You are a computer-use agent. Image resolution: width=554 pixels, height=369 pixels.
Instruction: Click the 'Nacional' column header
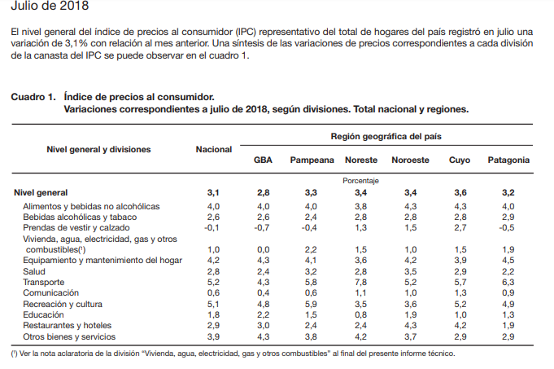[214, 149]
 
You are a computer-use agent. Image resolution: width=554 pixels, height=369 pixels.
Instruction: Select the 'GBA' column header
[263, 160]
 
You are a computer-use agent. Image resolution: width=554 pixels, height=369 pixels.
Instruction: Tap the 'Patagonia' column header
[508, 160]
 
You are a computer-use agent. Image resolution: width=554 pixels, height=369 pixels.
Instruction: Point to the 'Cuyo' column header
[460, 160]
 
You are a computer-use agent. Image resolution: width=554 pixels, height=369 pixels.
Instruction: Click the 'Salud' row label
[35, 271]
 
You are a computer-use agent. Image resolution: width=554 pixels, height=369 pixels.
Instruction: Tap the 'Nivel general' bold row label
[41, 192]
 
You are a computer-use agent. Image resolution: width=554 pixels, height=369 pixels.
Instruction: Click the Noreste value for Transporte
[360, 282]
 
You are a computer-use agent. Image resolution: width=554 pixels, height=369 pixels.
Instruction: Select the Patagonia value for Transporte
[508, 282]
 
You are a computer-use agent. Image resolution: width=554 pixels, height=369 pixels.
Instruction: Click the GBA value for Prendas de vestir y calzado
[262, 228]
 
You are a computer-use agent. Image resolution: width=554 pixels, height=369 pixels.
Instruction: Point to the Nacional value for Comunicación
[214, 292]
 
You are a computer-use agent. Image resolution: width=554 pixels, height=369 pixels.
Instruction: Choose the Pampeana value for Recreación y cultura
[311, 303]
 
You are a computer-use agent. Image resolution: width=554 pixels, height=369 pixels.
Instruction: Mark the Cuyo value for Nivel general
[460, 192]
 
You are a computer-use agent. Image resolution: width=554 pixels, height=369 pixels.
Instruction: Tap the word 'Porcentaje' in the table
[360, 180]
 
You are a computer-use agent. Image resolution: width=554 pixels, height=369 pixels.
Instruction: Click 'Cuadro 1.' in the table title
[33, 96]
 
